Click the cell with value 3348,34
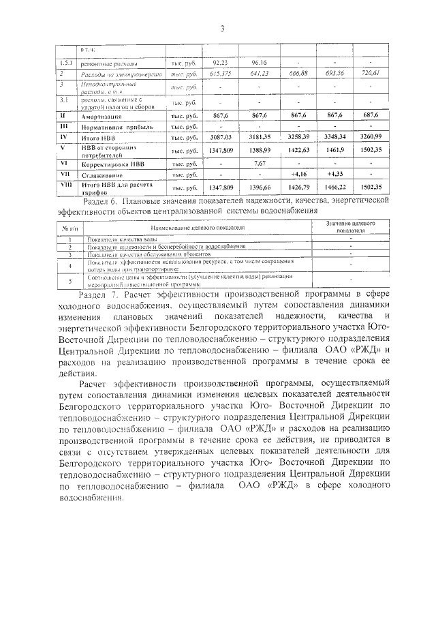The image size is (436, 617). (334, 138)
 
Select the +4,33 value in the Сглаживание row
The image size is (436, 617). (334, 175)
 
